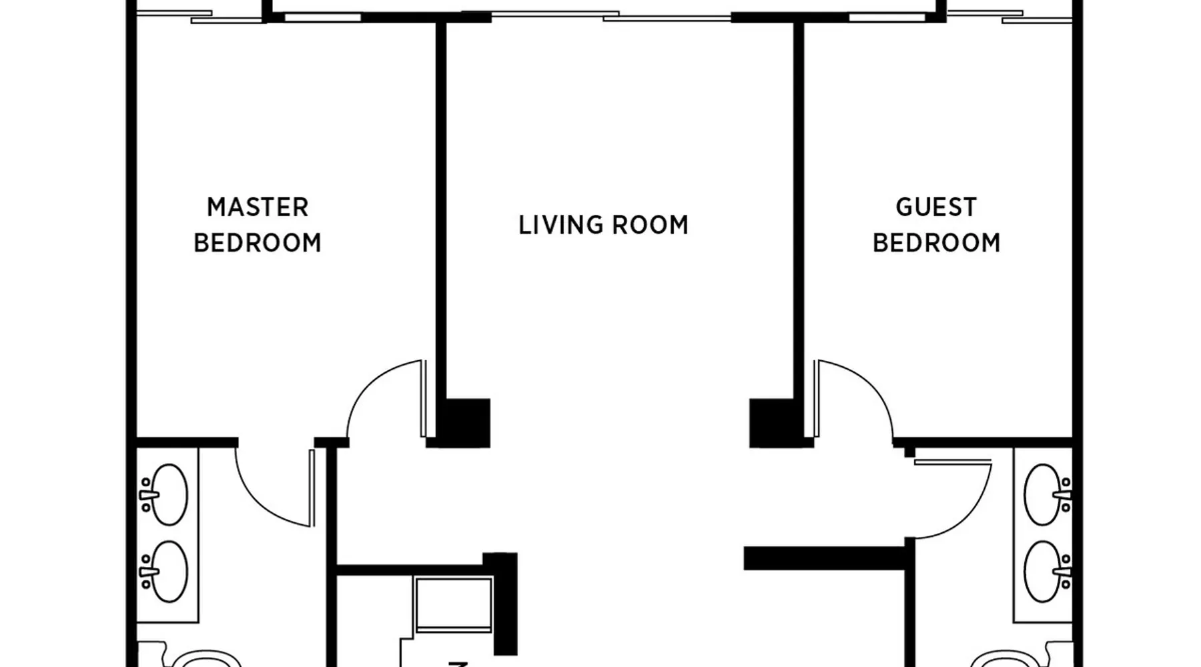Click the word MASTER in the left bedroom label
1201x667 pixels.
[x=258, y=207]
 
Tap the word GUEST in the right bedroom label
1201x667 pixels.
[x=936, y=207]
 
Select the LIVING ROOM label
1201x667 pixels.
[x=603, y=225]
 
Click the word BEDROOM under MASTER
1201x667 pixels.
[x=258, y=243]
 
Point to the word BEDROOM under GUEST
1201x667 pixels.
[x=937, y=243]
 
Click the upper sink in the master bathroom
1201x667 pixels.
[x=165, y=495]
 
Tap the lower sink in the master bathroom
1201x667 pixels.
[x=165, y=572]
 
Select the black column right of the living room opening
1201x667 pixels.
[x=772, y=423]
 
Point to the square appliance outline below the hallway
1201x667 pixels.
[x=453, y=604]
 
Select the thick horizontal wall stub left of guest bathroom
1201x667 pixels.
[x=825, y=558]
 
